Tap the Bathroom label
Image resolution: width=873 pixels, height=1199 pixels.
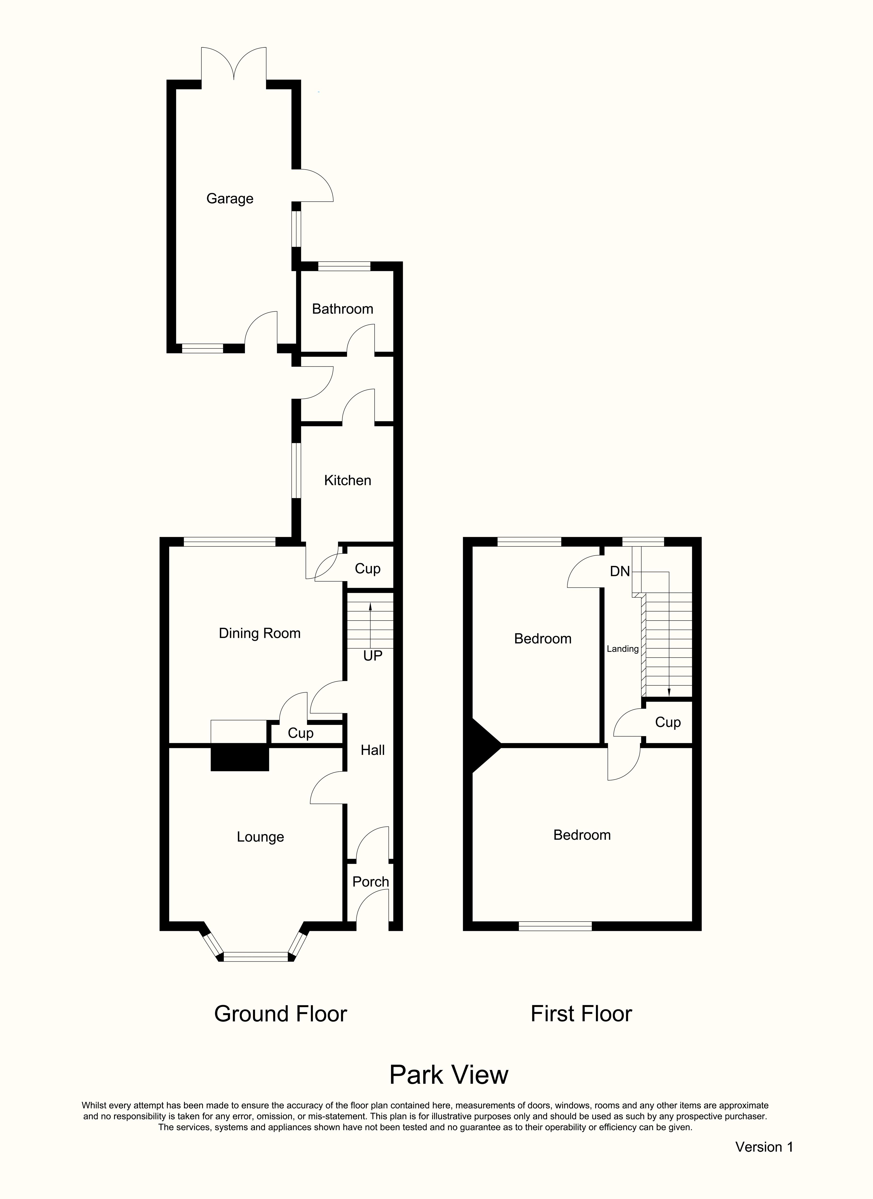click(x=342, y=309)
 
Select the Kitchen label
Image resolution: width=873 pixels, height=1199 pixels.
click(x=347, y=481)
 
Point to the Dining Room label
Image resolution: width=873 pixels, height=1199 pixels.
click(x=260, y=633)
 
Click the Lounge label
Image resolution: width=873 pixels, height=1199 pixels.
click(x=260, y=837)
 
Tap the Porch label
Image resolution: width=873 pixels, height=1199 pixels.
click(x=370, y=882)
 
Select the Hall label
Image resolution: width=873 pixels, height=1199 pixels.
click(x=373, y=750)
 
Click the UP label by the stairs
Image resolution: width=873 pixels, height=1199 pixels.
click(x=373, y=656)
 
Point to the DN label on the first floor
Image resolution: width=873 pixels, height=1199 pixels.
click(x=620, y=571)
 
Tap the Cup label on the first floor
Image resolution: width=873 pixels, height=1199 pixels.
click(x=667, y=723)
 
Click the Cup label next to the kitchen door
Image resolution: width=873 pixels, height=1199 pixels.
click(x=367, y=569)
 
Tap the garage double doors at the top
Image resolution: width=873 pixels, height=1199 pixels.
click(x=234, y=66)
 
